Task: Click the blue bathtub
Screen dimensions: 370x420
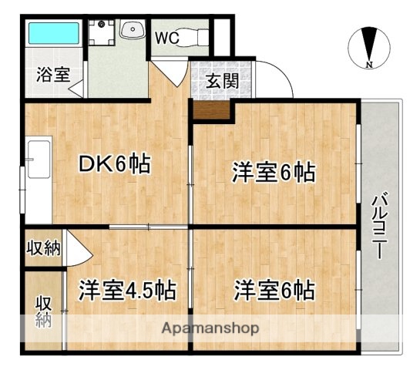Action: click(x=53, y=34)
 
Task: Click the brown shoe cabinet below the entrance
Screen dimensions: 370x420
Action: click(x=212, y=110)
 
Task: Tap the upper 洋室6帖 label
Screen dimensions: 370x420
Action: click(x=274, y=172)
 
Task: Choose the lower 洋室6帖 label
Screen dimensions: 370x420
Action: click(x=274, y=291)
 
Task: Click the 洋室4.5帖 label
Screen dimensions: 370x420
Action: click(x=126, y=291)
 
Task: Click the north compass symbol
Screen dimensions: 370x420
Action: click(x=368, y=46)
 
